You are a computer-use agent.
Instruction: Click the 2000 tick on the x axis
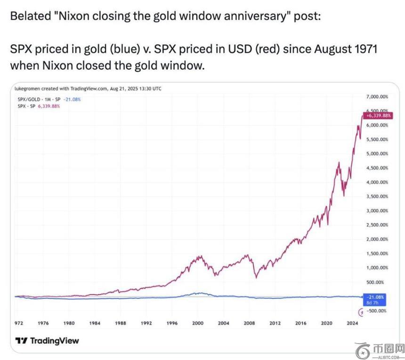[198, 323]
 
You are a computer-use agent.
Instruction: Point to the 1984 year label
[95, 323]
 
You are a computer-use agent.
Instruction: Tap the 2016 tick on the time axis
[300, 323]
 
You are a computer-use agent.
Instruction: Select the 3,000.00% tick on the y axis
[377, 211]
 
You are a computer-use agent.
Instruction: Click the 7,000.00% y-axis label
[377, 96]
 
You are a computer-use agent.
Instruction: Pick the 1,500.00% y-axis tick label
[377, 254]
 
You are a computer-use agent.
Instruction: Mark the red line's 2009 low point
[256, 278]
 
